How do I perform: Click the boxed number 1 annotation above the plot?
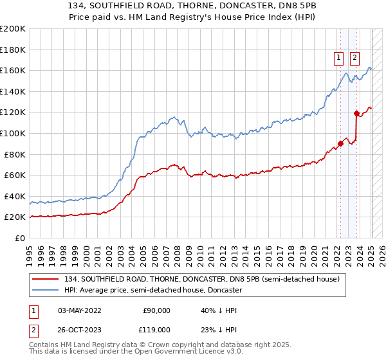point(339,57)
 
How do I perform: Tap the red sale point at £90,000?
point(341,143)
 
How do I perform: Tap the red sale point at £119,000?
point(356,113)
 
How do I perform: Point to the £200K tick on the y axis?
point(14,28)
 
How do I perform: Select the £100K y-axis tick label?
point(14,133)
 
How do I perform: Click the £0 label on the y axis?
point(19,238)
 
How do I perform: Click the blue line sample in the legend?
point(46,290)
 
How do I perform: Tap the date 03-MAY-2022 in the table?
point(80,310)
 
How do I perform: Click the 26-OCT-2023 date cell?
point(80,328)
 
